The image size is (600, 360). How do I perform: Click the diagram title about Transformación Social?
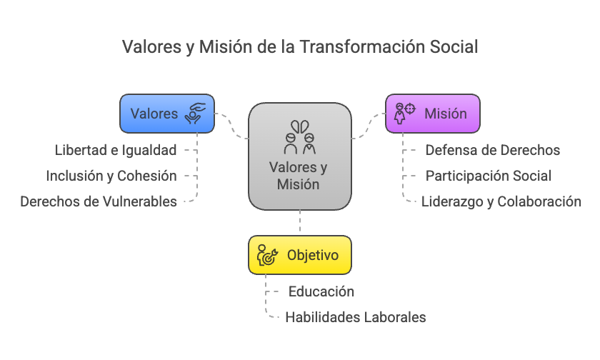click(x=300, y=46)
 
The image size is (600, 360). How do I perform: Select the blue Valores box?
click(x=166, y=114)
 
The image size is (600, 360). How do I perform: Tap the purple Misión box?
click(x=433, y=114)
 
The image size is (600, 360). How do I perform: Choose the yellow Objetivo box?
click(x=300, y=255)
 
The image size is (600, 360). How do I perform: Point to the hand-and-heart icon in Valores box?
click(x=196, y=114)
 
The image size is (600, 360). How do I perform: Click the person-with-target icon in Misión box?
click(x=404, y=114)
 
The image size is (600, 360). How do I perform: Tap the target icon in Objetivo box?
click(x=267, y=255)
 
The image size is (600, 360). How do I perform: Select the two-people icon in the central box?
click(x=300, y=138)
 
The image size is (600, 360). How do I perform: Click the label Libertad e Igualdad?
click(x=116, y=150)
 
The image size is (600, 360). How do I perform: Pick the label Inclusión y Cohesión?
click(x=111, y=176)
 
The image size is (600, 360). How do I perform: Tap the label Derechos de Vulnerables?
click(x=99, y=201)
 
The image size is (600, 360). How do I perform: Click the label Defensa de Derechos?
click(x=493, y=150)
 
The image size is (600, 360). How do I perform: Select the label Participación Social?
click(x=489, y=176)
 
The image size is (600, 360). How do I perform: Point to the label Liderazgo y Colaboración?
click(x=501, y=201)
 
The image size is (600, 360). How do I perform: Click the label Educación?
click(x=321, y=291)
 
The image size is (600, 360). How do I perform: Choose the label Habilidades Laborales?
click(x=356, y=317)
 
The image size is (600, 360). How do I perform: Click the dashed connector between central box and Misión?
click(x=369, y=126)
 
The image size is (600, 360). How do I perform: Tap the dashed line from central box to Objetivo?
click(x=300, y=223)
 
